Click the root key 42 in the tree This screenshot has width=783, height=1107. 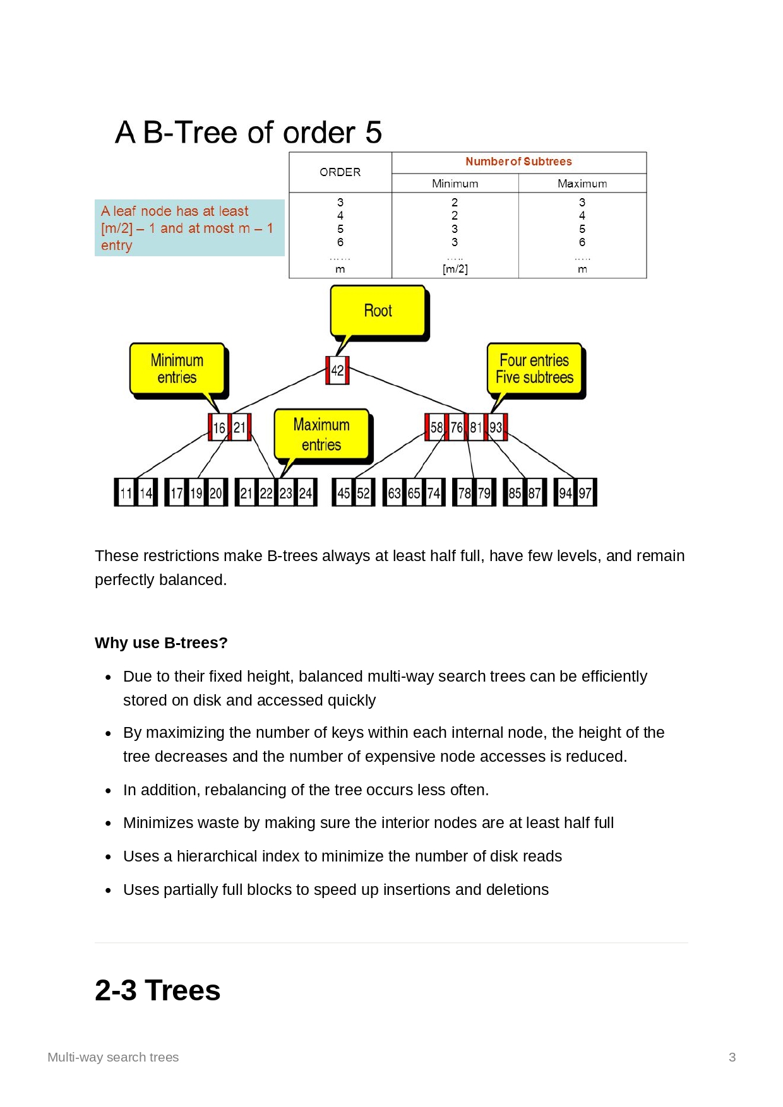(x=337, y=370)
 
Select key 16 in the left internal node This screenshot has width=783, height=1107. (x=219, y=428)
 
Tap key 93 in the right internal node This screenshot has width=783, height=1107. (x=496, y=427)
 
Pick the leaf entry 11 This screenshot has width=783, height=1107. (x=126, y=493)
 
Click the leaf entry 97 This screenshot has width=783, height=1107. (x=585, y=493)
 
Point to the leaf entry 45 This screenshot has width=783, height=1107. (x=344, y=493)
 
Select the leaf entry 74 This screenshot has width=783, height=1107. (x=434, y=493)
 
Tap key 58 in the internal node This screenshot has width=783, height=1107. (x=436, y=427)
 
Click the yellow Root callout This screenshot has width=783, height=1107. (x=378, y=311)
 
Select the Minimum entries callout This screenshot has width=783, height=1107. (x=177, y=369)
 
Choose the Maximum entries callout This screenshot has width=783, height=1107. (x=321, y=434)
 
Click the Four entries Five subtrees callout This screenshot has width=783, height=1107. (x=534, y=369)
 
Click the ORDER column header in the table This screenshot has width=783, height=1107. (x=340, y=172)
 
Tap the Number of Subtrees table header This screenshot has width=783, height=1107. (x=518, y=162)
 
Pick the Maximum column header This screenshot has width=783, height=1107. (x=582, y=184)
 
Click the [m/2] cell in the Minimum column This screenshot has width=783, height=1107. (x=455, y=269)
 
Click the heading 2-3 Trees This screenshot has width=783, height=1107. (x=158, y=990)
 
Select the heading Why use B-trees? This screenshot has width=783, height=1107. (x=161, y=642)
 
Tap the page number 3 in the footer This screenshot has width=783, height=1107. (x=732, y=1057)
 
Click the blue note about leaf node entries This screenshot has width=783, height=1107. (x=189, y=228)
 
